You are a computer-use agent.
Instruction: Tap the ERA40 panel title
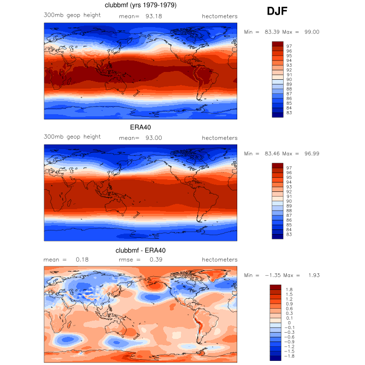point(140,127)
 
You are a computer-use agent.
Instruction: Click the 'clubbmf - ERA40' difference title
point(140,251)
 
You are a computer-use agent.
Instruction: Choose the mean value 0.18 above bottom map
point(82,260)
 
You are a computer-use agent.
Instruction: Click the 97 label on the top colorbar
point(289,46)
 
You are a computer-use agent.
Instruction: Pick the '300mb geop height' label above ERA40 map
point(72,137)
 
